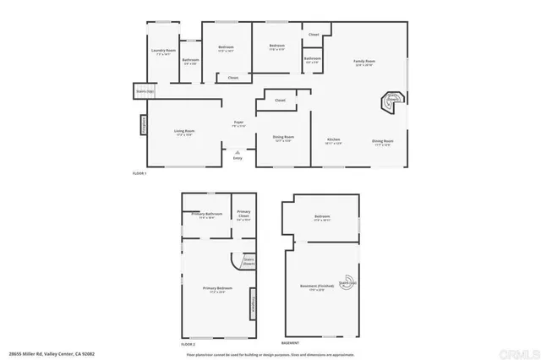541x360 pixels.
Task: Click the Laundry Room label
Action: click(163, 52)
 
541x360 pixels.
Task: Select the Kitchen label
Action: click(335, 141)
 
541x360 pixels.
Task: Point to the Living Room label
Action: click(184, 132)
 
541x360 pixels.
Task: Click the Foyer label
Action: click(239, 124)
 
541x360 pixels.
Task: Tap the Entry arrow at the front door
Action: click(238, 152)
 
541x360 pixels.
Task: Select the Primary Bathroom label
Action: click(206, 215)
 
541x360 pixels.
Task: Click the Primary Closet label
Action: click(243, 215)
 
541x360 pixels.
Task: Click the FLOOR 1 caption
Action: click(140, 173)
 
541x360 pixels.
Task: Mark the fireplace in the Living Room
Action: click(143, 125)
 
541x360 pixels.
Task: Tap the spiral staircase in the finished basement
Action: click(347, 283)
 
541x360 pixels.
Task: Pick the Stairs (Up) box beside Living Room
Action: click(145, 90)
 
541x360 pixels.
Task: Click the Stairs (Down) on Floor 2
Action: click(249, 260)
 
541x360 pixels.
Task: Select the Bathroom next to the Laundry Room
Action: click(190, 61)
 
